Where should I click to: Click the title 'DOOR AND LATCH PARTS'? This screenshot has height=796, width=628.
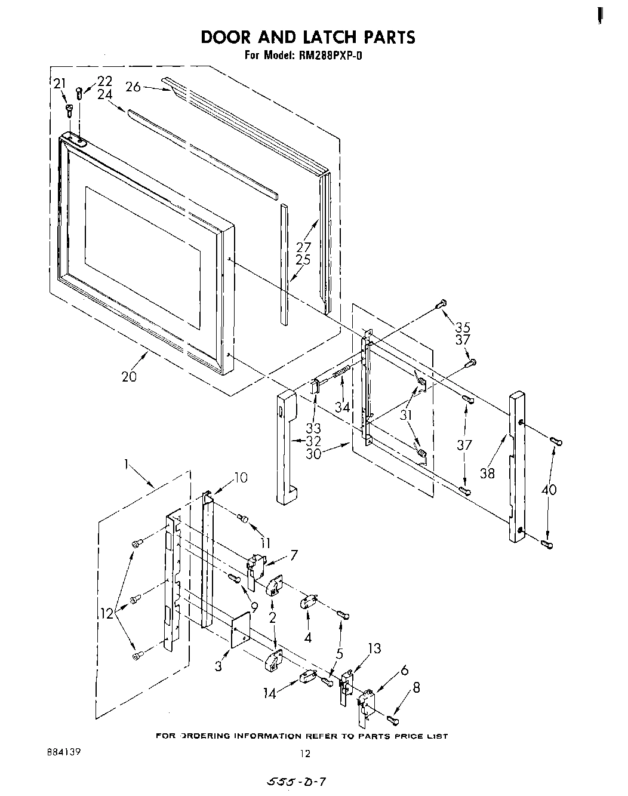point(307,37)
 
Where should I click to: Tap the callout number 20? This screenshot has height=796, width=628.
point(129,376)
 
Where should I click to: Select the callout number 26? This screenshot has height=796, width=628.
point(133,87)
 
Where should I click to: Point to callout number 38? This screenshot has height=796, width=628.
point(488,474)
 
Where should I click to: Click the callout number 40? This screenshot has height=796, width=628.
point(549,490)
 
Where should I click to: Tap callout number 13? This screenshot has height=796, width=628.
point(374,649)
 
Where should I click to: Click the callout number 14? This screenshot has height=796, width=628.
point(269,694)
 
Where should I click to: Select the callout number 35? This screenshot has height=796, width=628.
point(463,327)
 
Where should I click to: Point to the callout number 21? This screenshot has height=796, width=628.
point(59,84)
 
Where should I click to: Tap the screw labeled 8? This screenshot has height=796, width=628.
point(392,718)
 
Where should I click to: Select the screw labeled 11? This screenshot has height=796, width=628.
point(243,518)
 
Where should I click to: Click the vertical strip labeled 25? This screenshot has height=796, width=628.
point(284,263)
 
